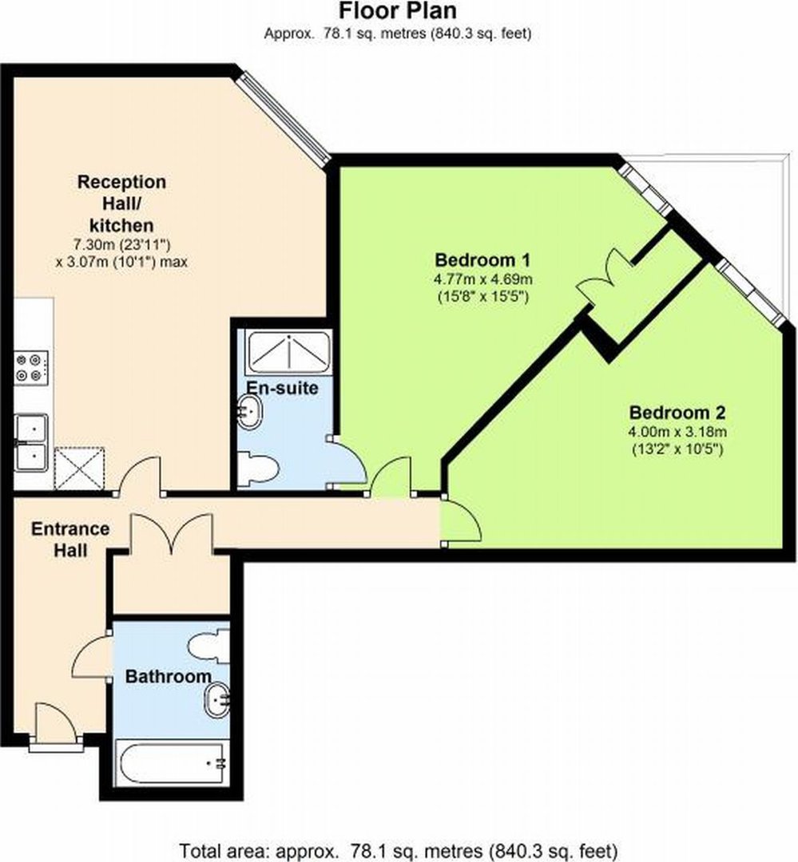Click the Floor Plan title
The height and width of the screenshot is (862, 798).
397,10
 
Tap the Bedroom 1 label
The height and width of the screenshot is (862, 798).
482,259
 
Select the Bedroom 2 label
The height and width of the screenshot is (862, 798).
677,412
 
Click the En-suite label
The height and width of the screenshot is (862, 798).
282,388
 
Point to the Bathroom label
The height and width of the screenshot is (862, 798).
169,676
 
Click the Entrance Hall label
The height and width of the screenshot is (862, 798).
69,539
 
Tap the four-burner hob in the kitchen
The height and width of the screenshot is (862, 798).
31,368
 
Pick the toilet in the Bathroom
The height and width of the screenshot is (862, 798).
208,646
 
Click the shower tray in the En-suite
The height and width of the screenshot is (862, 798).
288,352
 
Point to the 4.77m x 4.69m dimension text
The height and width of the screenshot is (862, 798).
482,279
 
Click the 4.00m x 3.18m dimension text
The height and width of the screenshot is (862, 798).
677,432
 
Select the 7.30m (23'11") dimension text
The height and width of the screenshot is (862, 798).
121,244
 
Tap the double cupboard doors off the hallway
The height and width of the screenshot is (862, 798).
172,532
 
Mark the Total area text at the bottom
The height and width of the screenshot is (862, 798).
399,851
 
